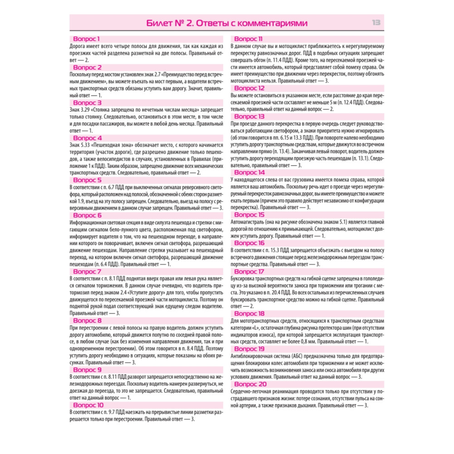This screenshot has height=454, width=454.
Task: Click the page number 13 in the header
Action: pyautogui.click(x=376, y=23)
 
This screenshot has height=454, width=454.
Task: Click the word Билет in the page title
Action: pyautogui.click(x=161, y=23)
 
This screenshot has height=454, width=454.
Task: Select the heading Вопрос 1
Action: pyautogui.click(x=86, y=39)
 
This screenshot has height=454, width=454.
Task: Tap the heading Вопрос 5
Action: pyautogui.click(x=87, y=180)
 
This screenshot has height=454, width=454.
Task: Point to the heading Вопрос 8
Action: pyautogui.click(x=87, y=321)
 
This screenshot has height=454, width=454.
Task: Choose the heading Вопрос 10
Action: pyautogui.click(x=89, y=405)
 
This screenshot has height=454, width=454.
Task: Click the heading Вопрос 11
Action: pyautogui.click(x=247, y=39)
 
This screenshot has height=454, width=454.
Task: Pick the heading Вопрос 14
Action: pyautogui.click(x=248, y=173)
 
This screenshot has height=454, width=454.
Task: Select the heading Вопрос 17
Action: pyautogui.click(x=248, y=271)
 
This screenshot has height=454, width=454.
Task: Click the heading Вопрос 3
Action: pyautogui.click(x=87, y=102)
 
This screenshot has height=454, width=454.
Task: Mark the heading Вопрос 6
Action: pyautogui.click(x=87, y=215)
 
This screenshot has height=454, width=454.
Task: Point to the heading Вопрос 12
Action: pyautogui.click(x=248, y=88)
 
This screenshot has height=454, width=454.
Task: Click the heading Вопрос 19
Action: pyautogui.click(x=248, y=349)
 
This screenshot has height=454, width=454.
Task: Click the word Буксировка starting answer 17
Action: pyautogui.click(x=245, y=278)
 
